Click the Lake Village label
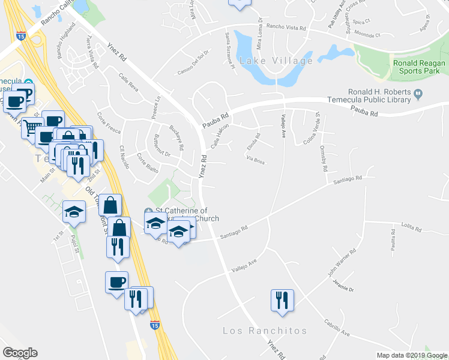(276, 61)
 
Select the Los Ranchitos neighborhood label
(265, 331)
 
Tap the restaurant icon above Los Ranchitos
(282, 299)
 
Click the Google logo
(20, 353)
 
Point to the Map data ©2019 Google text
(412, 355)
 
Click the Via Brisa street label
(255, 159)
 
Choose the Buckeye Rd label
(176, 137)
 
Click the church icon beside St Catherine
(149, 211)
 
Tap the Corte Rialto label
(148, 163)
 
